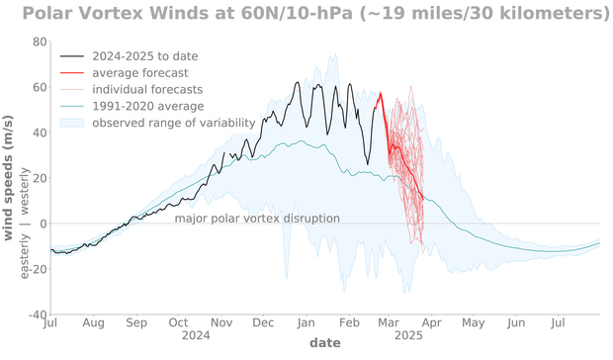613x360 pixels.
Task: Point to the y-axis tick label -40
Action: point(36,315)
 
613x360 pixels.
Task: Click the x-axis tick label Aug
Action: point(93,323)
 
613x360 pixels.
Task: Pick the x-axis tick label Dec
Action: point(264,323)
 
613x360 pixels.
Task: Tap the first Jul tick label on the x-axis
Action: point(50,323)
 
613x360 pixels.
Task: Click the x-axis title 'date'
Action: point(324,344)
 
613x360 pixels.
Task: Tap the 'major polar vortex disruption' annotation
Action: point(257,219)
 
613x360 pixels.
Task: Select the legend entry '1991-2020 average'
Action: point(147,106)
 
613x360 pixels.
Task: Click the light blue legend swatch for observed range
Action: point(72,123)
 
